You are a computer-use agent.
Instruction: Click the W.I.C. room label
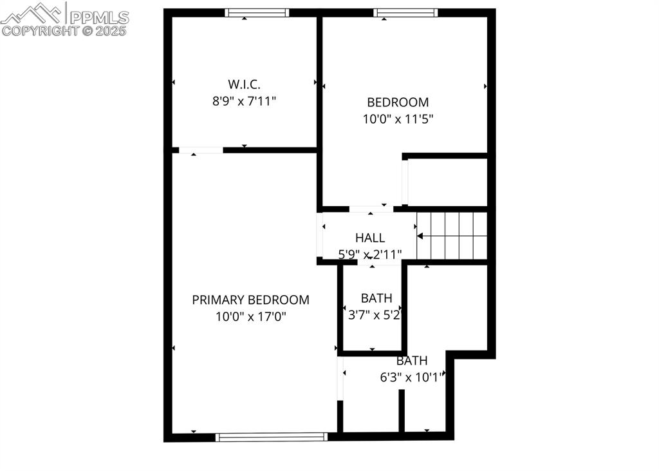point(244,84)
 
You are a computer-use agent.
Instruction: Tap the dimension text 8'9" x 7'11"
point(244,101)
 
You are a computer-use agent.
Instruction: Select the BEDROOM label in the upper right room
point(398,102)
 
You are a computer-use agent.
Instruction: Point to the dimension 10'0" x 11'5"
point(398,119)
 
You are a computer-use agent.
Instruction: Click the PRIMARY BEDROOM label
point(250,300)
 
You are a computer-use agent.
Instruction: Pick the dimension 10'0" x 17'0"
point(250,317)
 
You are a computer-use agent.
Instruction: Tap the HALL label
point(370,238)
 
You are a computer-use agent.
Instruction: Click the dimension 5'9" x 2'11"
point(370,254)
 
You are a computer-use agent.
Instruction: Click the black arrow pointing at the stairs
point(420,236)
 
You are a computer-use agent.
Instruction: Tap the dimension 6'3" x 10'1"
point(411,378)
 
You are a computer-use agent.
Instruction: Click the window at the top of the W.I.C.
point(257,13)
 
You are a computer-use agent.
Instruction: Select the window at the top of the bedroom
point(405,13)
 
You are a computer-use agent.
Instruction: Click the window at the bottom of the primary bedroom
point(272,437)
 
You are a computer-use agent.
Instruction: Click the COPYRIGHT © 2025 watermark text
point(64,30)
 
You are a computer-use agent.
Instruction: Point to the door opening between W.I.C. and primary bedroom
point(201,150)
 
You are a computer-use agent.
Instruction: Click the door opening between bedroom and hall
point(371,209)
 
